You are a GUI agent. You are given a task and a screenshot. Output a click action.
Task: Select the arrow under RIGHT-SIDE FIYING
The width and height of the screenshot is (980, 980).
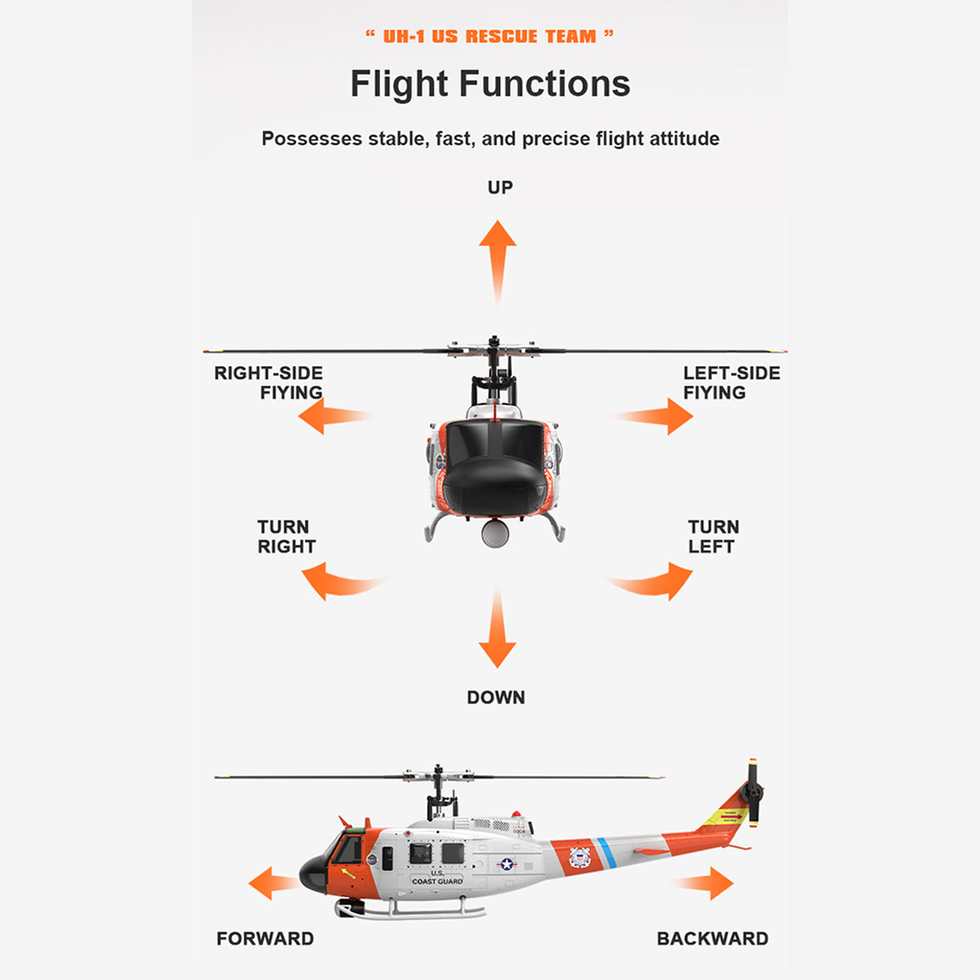(326, 417)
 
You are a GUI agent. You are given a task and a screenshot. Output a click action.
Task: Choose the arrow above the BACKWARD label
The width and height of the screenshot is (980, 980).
(709, 883)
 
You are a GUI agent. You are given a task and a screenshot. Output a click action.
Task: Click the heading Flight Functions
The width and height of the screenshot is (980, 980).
(490, 84)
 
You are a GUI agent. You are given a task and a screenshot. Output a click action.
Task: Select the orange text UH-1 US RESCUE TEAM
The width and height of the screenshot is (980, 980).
(489, 37)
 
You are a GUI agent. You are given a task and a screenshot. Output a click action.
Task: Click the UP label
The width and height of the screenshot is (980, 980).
(500, 188)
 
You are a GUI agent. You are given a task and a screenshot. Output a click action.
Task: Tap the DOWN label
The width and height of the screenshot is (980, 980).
(496, 697)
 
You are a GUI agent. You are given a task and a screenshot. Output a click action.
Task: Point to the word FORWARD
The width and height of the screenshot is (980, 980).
(265, 938)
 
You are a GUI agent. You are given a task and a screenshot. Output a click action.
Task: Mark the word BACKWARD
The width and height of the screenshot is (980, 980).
(712, 938)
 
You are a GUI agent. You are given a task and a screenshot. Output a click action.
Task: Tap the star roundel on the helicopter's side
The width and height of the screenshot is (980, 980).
(506, 863)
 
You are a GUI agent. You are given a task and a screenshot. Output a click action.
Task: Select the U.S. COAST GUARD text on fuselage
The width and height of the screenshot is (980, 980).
(437, 877)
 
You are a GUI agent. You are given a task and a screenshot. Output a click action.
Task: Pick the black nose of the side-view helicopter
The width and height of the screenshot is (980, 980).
(312, 874)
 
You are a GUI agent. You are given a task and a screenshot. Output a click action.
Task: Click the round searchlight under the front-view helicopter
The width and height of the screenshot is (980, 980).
(495, 532)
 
